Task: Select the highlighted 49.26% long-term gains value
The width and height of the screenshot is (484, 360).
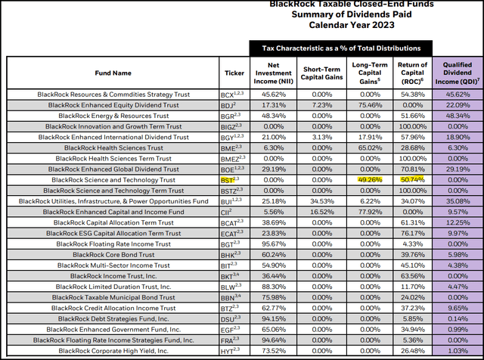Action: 365,180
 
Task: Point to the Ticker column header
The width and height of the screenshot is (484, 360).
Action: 234,73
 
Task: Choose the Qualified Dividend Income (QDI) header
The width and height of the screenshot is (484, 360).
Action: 458,73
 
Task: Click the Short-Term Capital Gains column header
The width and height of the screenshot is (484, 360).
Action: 314,73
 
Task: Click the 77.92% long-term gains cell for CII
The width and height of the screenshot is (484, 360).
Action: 365,212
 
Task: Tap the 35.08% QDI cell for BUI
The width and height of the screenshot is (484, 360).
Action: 458,201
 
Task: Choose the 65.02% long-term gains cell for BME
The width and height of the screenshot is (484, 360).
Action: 365,148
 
